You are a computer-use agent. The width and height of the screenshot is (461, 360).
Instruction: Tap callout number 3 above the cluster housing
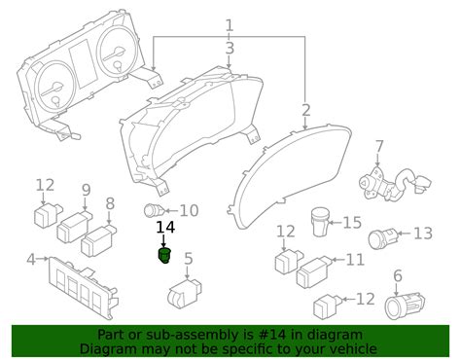coord(230,48)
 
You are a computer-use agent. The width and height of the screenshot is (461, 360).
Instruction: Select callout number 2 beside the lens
coord(305,111)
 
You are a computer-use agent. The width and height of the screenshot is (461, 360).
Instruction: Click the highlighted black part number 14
coord(164,257)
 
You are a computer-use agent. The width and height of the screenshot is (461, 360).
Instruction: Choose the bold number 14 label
coord(166,229)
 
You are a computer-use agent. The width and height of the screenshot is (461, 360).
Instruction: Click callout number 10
coord(189,209)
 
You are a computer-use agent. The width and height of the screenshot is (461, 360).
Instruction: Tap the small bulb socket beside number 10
coord(153,209)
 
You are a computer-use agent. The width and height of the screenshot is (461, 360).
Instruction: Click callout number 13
coord(422,234)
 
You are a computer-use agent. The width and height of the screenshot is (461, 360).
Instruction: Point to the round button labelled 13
coord(382,237)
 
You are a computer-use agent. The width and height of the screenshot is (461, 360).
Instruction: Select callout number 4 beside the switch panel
coord(32,259)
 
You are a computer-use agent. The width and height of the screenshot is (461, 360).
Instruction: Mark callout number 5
coord(189,259)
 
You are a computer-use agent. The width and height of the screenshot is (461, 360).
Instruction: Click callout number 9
coord(86,190)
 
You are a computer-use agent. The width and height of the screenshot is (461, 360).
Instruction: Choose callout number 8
coord(110,203)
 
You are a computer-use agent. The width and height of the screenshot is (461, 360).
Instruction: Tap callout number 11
coord(355,260)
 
